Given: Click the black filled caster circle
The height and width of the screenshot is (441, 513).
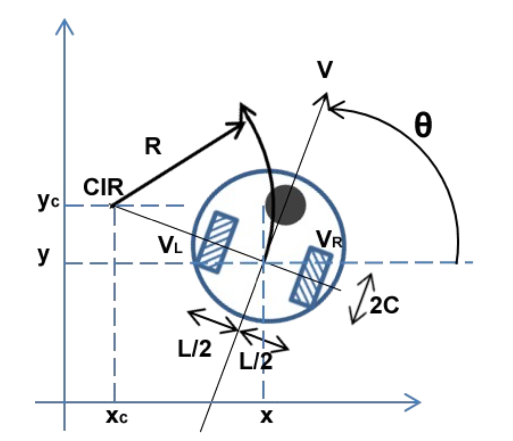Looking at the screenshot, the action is tap(286, 205).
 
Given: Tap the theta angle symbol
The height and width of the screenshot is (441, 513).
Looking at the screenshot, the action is tap(423, 126).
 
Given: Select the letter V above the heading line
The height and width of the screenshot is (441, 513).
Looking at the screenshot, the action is tap(325, 70).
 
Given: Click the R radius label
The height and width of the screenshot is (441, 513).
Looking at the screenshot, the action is tap(153, 147).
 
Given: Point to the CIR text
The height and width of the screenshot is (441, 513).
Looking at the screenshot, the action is tap(103, 188).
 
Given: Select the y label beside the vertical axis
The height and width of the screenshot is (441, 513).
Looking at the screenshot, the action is tap(44, 255).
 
